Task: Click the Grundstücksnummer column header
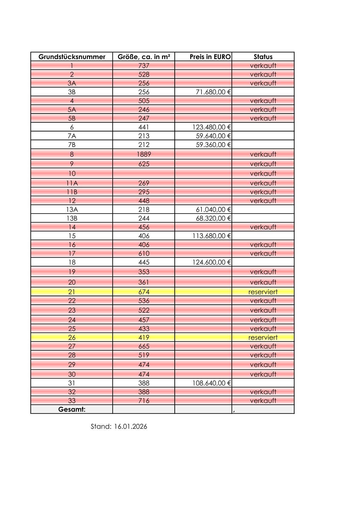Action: pos(72,57)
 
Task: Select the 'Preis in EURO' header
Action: pos(210,57)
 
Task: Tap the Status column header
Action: pos(263,57)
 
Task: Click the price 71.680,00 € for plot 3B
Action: pos(213,92)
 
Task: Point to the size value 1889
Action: pos(144,154)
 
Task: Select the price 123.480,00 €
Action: pos(212,127)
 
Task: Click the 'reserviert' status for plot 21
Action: pos(263,292)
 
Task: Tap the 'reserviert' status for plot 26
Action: pos(263,338)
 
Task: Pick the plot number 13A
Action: pos(72,209)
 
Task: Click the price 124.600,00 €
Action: pos(212,262)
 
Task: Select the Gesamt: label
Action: pos(72,409)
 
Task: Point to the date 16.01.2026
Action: pos(131,426)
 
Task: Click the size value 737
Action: pos(144,66)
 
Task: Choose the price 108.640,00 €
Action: pos(212,383)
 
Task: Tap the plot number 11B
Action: pos(72,192)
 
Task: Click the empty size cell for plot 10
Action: pos(144,174)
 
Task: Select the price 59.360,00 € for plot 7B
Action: pos(213,145)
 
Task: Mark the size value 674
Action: pos(144,292)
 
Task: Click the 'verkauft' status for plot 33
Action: pos(263,400)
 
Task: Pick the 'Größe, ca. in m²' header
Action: pos(144,57)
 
